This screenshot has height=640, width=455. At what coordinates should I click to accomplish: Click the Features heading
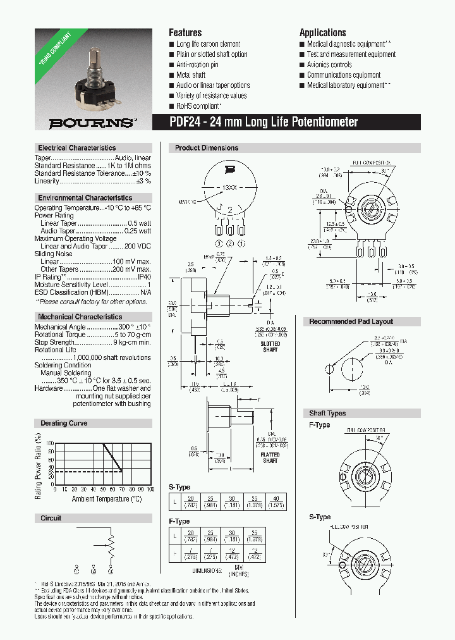[185, 33]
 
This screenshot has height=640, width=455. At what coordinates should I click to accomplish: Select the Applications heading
[322, 33]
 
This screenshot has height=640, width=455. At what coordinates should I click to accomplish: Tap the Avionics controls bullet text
[329, 65]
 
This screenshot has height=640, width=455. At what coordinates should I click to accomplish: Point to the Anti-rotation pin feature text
[197, 65]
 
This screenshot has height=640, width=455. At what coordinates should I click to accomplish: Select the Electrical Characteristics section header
[76, 147]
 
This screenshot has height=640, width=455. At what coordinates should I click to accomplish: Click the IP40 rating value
[144, 277]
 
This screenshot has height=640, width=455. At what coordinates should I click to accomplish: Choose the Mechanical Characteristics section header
[80, 316]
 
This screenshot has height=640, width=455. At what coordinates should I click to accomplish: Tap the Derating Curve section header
[64, 423]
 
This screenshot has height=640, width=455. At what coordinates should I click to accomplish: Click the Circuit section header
[51, 518]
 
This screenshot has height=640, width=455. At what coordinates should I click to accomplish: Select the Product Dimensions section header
[207, 148]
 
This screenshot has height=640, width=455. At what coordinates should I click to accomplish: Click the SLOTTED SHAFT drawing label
[270, 347]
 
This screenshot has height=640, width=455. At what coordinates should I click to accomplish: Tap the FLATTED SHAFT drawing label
[270, 458]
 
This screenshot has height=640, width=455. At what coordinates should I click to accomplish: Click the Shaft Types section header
[327, 414]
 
